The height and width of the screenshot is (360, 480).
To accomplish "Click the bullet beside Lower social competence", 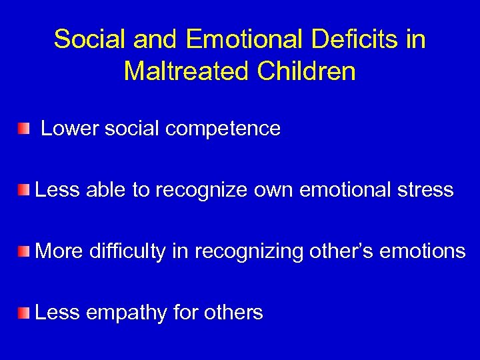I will [x=25, y=128].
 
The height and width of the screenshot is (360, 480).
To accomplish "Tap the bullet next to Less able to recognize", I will [x=25, y=191].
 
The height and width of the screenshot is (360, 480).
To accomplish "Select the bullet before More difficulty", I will [x=25, y=251].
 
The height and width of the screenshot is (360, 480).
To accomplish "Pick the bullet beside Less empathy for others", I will [x=25, y=311].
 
